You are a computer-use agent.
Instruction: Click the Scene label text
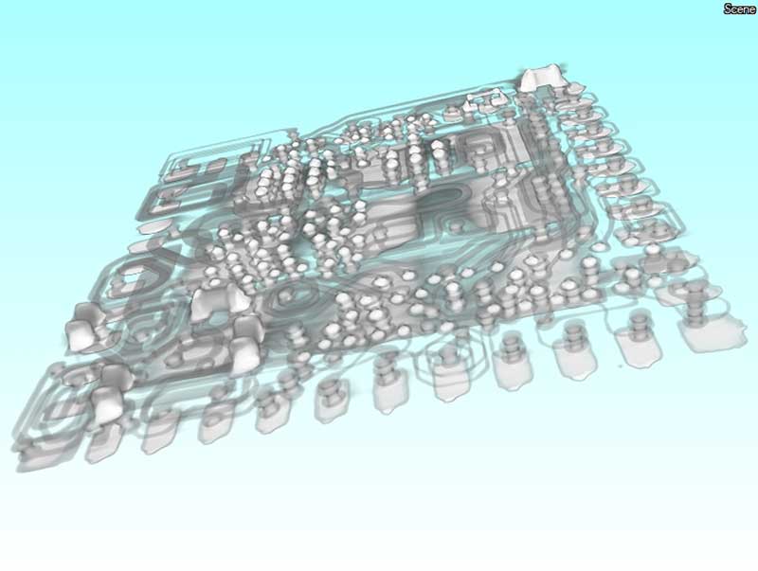[x=739, y=9]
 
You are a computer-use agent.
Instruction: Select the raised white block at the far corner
[x=541, y=77]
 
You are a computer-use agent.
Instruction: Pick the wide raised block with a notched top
[x=219, y=301]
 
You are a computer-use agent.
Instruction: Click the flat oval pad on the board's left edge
[x=155, y=228]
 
